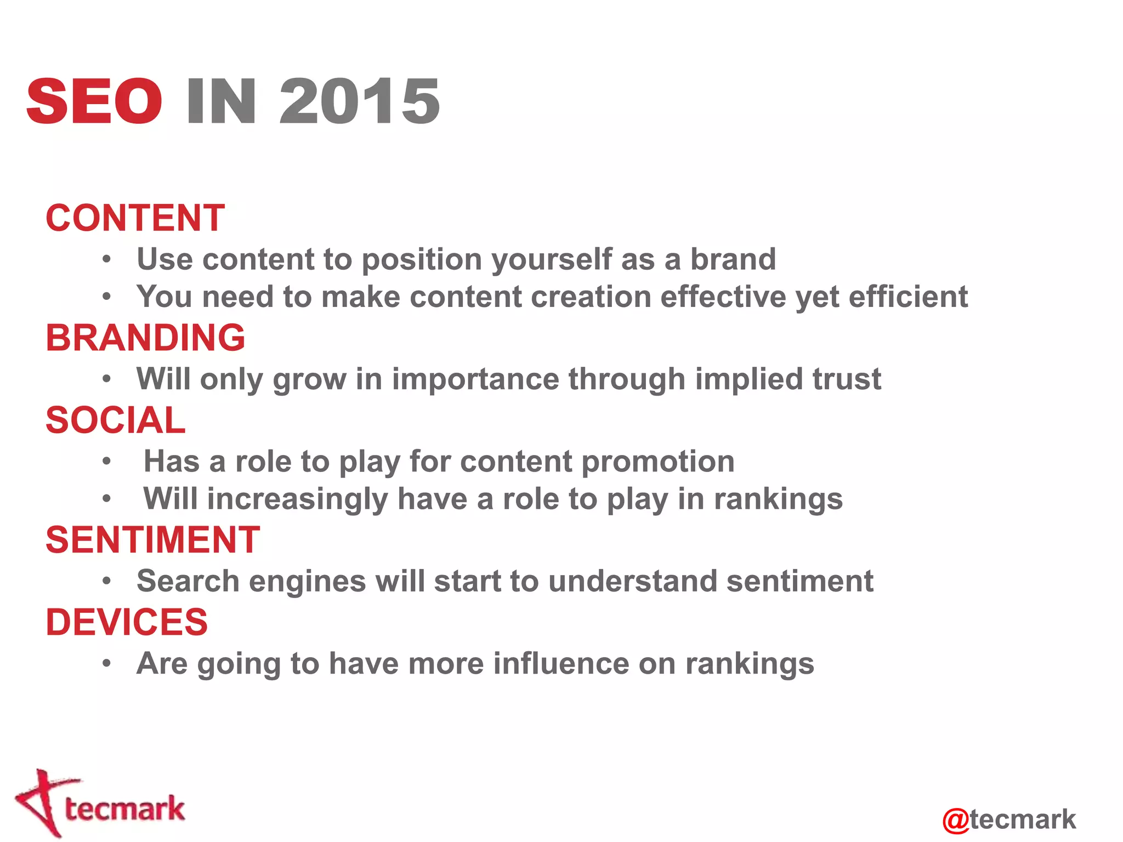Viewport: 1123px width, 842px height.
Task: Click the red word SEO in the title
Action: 94,101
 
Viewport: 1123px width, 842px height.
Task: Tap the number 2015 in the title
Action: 360,101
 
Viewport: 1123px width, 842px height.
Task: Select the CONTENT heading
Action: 135,218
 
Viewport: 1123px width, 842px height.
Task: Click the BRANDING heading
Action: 145,338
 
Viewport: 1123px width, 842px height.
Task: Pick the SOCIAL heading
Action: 116,420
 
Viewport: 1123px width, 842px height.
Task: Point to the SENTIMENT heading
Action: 152,540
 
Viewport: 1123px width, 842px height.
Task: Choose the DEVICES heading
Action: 127,622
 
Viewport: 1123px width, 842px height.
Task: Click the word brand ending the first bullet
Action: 733,259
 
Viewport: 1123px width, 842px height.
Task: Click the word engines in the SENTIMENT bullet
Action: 307,581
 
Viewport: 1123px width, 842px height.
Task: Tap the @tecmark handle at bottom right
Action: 1009,820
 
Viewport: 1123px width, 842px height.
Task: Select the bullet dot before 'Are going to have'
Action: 107,664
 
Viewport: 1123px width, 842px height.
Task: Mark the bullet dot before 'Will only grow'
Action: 107,379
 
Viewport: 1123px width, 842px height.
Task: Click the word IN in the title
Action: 221,101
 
